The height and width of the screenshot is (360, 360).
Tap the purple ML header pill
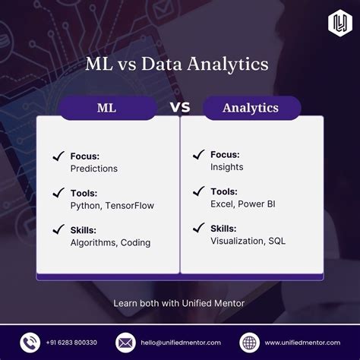[106, 108]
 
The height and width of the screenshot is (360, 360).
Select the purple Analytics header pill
[250, 108]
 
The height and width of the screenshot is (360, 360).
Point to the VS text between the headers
[180, 107]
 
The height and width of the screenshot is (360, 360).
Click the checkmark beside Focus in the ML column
[58, 156]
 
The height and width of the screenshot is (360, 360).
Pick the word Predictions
[93, 169]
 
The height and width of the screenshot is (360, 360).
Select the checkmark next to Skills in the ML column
[58, 229]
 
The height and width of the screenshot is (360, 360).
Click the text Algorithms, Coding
[110, 243]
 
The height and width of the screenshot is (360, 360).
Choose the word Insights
[228, 167]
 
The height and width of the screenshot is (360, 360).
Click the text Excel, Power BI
[242, 204]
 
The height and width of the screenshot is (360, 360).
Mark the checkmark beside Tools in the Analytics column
[195, 191]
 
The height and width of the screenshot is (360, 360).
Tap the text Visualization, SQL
[249, 241]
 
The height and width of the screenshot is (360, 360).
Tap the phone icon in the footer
[30, 342]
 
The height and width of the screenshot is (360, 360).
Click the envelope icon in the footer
[125, 342]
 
